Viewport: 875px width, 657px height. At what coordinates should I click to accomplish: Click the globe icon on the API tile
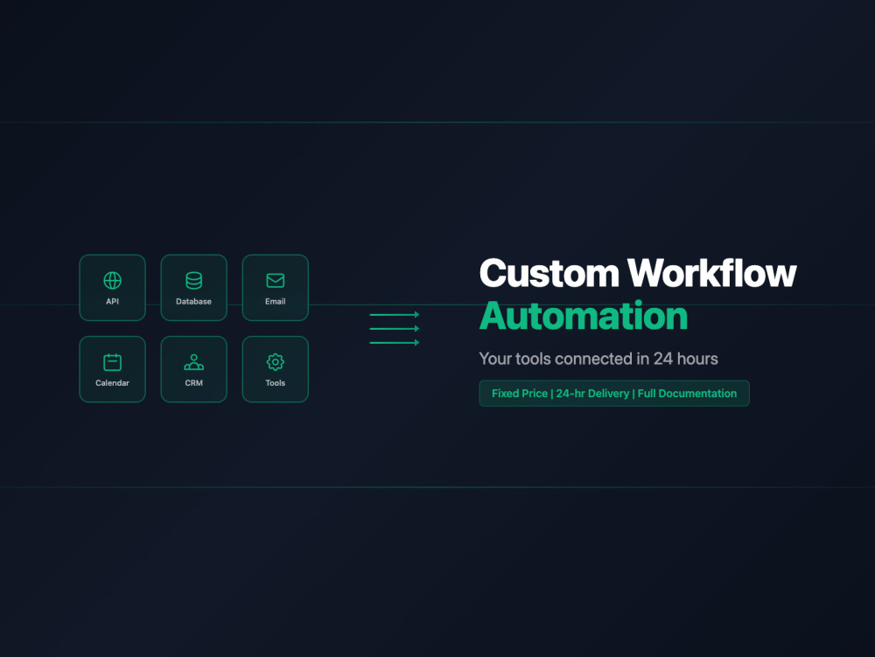click(x=112, y=281)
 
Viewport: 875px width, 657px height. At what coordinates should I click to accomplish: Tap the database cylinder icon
click(x=193, y=281)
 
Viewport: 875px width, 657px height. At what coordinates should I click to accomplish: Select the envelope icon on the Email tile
click(x=275, y=281)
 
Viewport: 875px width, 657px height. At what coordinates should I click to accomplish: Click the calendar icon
click(x=112, y=362)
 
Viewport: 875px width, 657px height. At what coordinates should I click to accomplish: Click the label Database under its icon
click(x=193, y=301)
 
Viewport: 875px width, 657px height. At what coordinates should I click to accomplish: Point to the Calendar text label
click(x=112, y=382)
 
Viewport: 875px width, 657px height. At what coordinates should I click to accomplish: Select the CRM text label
click(x=193, y=382)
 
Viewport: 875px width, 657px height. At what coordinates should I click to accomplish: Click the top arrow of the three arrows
click(x=394, y=315)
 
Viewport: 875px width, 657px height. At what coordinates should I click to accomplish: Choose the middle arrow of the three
click(x=394, y=329)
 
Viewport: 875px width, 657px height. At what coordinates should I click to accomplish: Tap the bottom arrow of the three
click(x=394, y=342)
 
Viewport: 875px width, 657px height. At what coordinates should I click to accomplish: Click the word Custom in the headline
click(x=549, y=273)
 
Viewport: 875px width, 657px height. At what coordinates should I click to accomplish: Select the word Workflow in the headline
click(x=712, y=273)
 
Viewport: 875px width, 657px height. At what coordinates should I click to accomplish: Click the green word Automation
click(x=584, y=316)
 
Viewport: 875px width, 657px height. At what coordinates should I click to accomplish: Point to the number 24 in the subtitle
click(x=663, y=359)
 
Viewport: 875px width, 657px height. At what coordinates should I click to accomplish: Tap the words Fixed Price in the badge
click(x=520, y=393)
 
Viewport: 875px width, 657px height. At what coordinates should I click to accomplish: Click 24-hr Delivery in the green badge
click(x=592, y=393)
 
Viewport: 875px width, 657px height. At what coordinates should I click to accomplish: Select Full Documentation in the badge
click(x=687, y=393)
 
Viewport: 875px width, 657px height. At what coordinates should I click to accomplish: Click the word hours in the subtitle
click(x=697, y=359)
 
